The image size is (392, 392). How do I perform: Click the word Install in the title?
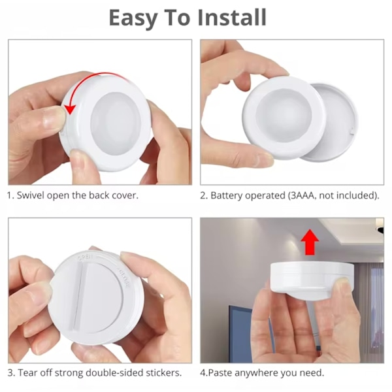pos(232,18)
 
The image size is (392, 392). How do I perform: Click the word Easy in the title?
pos(133,18)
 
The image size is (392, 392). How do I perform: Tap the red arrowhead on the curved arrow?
pos(70,109)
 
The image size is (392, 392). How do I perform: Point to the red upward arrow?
pos(310,242)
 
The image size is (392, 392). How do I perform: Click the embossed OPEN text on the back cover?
pos(85,258)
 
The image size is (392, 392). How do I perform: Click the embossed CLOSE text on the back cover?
pos(124,278)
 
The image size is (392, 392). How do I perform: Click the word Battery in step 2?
pos(227,195)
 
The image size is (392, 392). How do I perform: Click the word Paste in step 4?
pos(220,373)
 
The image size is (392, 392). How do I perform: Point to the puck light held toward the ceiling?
pos(312,280)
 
